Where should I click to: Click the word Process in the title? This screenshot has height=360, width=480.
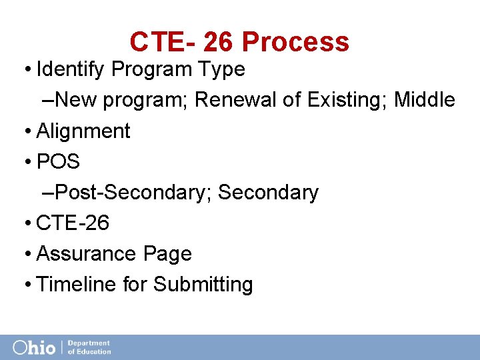[295, 42]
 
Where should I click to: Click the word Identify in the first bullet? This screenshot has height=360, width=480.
[72, 69]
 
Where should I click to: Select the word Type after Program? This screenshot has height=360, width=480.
[222, 69]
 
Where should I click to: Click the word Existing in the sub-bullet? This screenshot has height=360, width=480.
[347, 100]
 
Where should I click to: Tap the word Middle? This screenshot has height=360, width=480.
[425, 100]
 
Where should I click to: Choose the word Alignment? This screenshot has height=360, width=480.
[83, 131]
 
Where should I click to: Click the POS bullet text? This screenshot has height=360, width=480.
[58, 162]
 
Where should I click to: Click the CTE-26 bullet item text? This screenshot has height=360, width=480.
[73, 223]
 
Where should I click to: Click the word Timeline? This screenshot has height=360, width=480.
[77, 285]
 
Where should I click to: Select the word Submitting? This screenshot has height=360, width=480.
[203, 285]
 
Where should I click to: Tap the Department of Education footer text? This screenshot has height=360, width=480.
[89, 347]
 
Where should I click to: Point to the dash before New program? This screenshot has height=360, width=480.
[47, 101]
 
